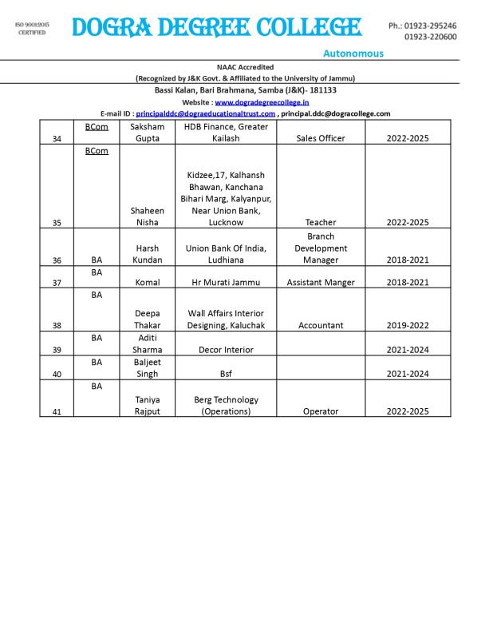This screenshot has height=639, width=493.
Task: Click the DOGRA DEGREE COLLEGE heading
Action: coord(215,28)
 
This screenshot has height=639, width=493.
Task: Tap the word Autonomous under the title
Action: coord(353,54)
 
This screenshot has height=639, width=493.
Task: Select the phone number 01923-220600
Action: coord(430,37)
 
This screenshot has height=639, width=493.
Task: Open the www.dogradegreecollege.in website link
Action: coord(262,102)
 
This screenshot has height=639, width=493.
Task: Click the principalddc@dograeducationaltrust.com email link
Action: coord(206,113)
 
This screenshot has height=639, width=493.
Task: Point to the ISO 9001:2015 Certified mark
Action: coord(32,29)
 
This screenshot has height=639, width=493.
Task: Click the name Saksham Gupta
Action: coord(147,133)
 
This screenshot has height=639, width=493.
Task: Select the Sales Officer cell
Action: coord(321,138)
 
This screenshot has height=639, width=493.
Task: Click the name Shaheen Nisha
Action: coord(147,216)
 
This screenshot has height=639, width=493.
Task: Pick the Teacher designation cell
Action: coord(321,222)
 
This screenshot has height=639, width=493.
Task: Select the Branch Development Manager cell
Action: coord(321,248)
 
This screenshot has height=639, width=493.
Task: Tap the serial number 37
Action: coord(57,282)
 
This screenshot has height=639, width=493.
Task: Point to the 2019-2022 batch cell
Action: coord(408,325)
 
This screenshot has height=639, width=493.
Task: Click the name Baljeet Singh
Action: coord(147,367)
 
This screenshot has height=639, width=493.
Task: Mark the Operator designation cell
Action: coord(321,411)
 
